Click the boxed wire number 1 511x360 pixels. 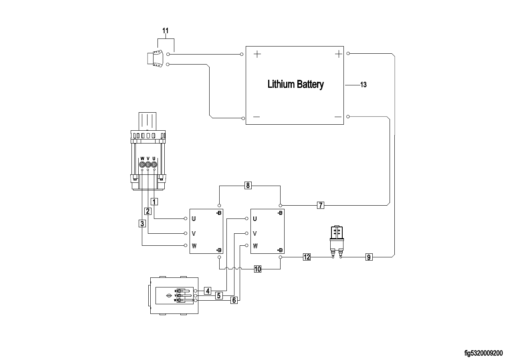(154, 201)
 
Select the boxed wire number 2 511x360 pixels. (148, 211)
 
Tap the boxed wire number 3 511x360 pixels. (142, 224)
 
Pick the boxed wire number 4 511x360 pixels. (207, 291)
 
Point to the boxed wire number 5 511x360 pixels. (219, 296)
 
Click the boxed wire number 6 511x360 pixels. (234, 299)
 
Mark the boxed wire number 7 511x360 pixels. (320, 205)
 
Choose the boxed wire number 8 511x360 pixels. (248, 185)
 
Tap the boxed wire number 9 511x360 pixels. (369, 257)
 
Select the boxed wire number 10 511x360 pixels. (257, 269)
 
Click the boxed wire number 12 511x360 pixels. (306, 257)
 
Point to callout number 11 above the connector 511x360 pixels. (166, 30)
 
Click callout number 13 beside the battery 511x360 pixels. (364, 85)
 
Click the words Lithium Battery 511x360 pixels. (295, 85)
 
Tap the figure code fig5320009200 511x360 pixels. (483, 353)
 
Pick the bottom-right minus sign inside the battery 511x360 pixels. (337, 117)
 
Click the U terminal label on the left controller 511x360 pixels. (194, 219)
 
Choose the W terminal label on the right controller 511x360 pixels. (255, 246)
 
